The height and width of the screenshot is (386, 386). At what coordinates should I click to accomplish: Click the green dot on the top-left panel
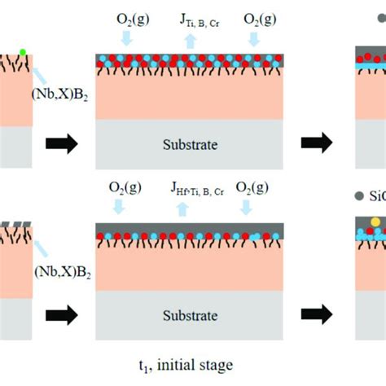pos(23,52)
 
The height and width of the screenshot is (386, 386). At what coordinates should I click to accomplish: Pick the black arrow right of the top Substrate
pos(317,144)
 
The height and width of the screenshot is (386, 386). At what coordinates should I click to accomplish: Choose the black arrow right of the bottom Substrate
pos(317,313)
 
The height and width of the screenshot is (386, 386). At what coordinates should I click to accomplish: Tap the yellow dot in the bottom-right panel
pos(374,222)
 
